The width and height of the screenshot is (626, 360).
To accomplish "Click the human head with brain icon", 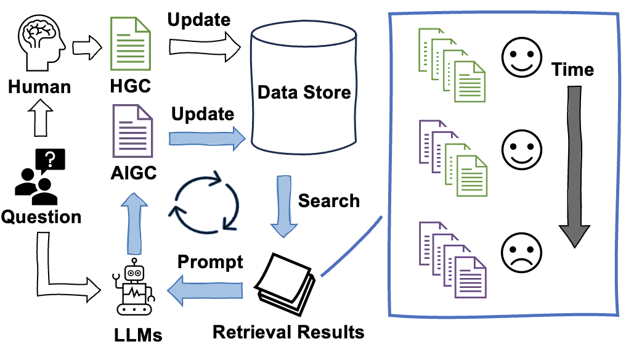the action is (41, 43).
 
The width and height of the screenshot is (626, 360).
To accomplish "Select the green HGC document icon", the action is (130, 44).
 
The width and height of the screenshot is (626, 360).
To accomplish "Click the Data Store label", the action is (304, 92).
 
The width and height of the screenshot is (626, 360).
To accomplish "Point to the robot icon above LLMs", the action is (133, 287).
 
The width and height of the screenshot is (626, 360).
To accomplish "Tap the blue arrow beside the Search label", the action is (284, 206).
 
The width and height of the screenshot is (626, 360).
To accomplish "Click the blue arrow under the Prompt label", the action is (205, 290).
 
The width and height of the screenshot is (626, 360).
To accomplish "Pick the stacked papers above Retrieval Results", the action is (285, 284).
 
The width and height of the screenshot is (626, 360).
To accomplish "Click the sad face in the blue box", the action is (521, 253).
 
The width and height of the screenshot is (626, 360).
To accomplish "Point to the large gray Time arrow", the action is (574, 166).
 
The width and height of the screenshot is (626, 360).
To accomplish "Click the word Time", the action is (572, 70).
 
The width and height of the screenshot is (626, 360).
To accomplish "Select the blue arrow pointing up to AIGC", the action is (134, 224).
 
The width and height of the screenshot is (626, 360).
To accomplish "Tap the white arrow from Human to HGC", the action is (87, 47).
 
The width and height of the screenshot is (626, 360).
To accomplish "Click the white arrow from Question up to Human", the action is (41, 118).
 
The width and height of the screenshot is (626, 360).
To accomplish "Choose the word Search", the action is (328, 200).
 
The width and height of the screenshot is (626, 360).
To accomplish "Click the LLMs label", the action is (138, 335).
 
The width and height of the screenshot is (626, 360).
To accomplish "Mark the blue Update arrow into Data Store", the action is (207, 139).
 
